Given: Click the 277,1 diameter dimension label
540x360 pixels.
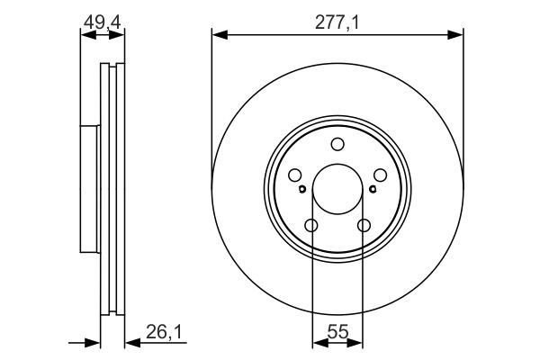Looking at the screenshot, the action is click(337, 23).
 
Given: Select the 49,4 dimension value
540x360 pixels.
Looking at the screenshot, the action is click(102, 23).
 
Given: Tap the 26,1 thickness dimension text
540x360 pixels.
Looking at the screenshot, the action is click(164, 332).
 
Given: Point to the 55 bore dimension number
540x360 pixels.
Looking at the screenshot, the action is click(337, 332).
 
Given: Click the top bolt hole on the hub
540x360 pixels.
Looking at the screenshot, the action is click(337, 144).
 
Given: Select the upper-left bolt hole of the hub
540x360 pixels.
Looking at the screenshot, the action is click(295, 175).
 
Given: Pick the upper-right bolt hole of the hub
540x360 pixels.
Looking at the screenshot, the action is click(380, 175).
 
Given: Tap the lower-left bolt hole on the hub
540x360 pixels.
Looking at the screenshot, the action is click(311, 226).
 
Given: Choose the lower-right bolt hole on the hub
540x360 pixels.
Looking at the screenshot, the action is click(364, 226).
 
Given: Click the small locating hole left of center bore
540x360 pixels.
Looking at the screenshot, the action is click(302, 189).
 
